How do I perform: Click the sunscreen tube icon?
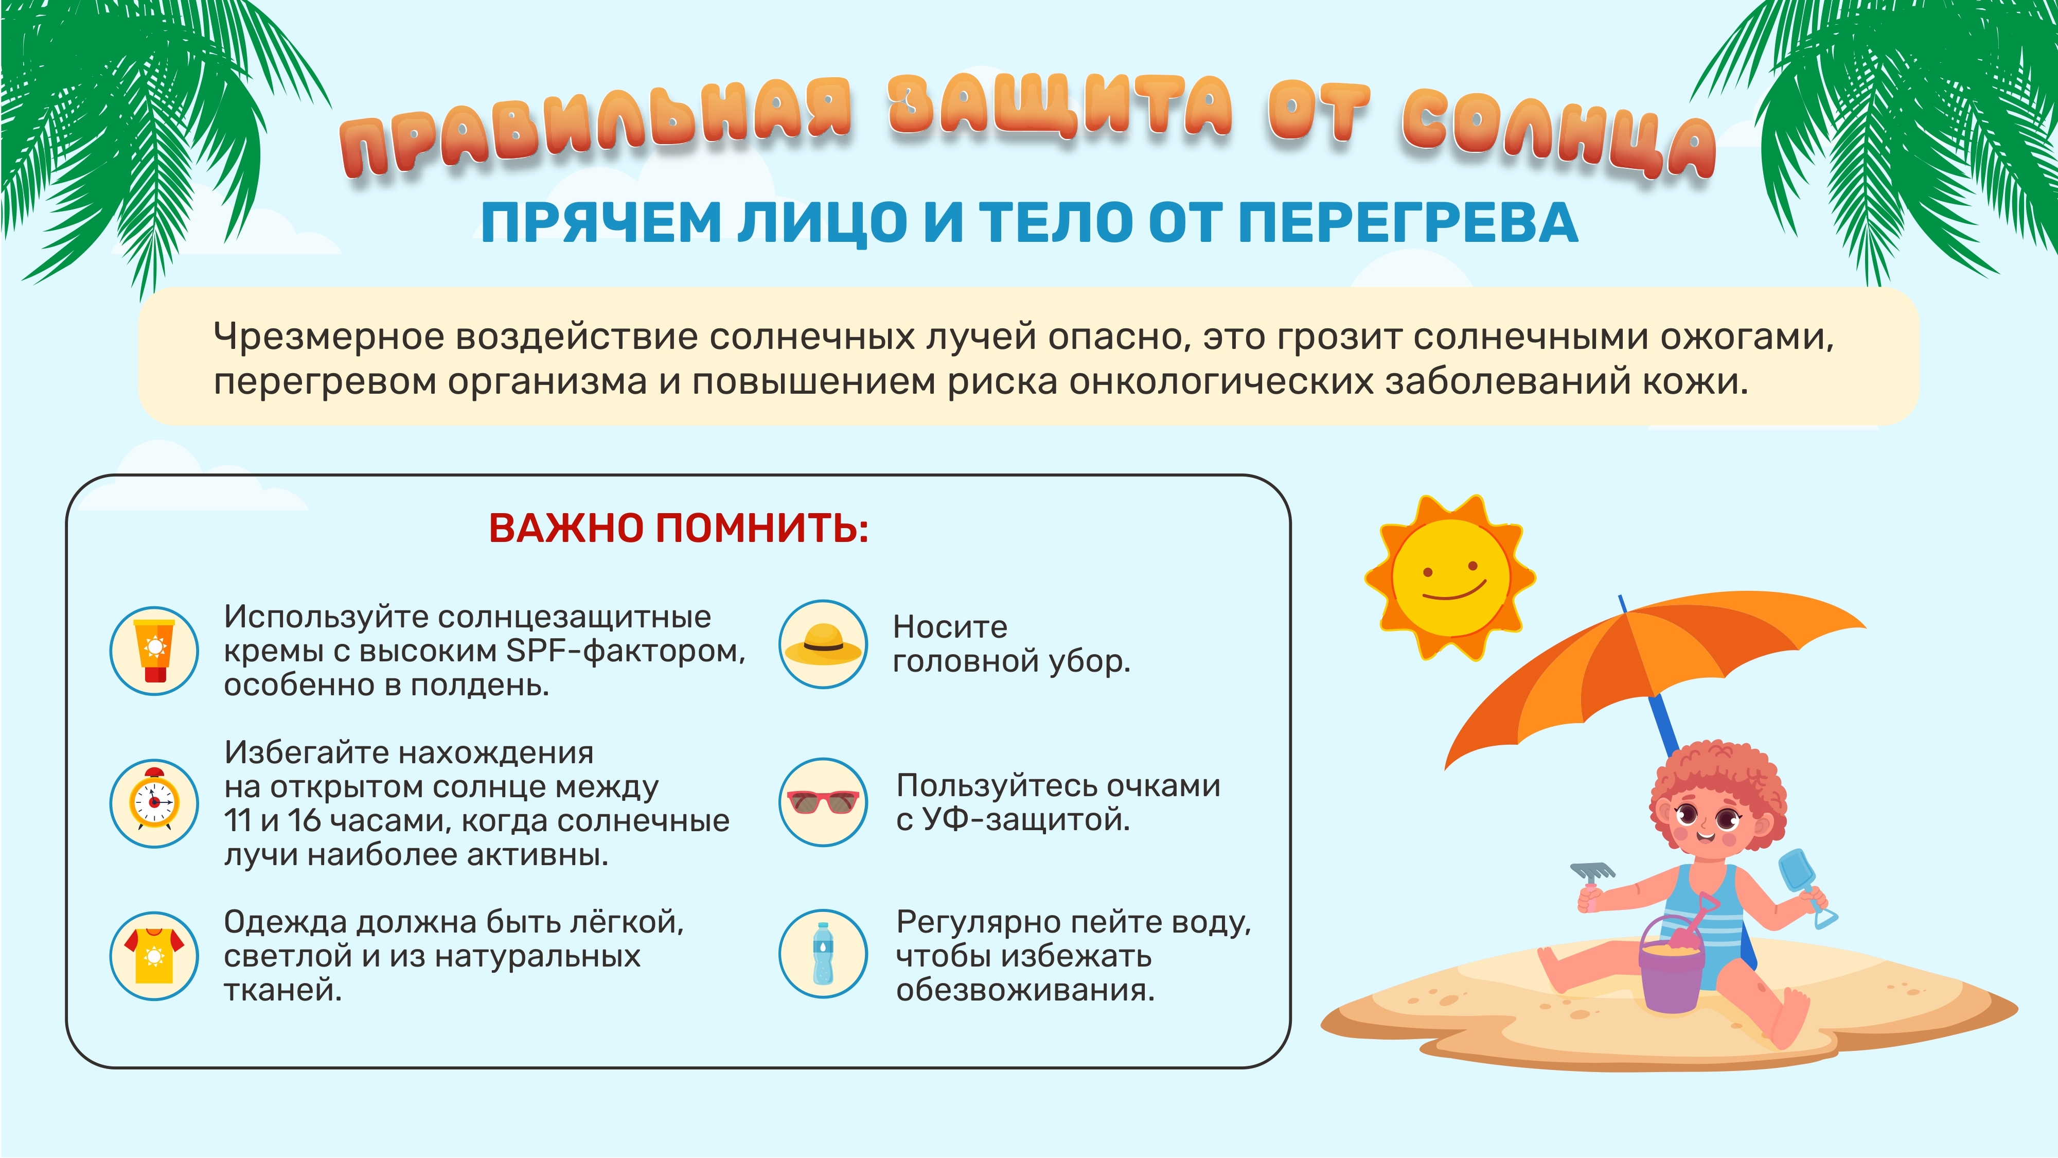click(x=154, y=651)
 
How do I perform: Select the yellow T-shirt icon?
click(x=154, y=955)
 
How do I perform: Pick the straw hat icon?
click(x=823, y=644)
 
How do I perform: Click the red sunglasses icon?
click(x=823, y=801)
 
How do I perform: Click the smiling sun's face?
click(x=1450, y=577)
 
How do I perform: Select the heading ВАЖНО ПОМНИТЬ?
click(x=678, y=528)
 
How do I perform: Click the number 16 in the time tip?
click(x=304, y=821)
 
